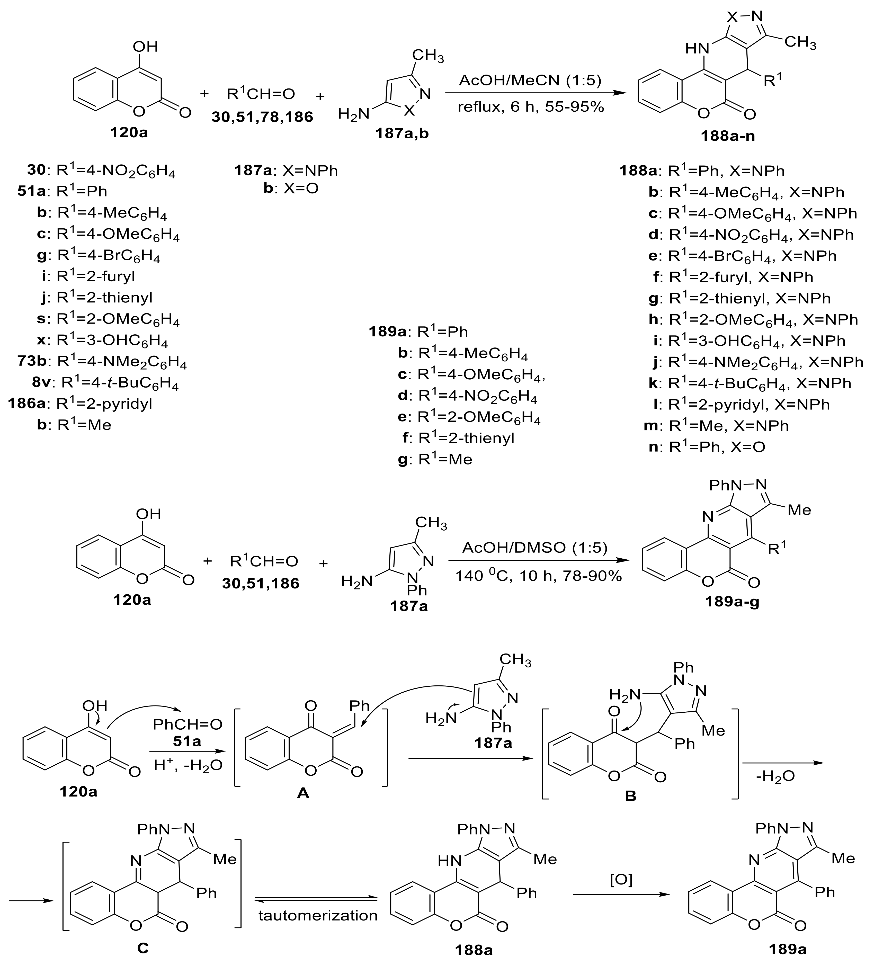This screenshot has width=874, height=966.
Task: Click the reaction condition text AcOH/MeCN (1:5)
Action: click(530, 80)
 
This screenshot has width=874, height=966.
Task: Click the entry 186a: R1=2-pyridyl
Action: click(80, 404)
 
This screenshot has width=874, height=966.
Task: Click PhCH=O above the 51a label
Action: click(187, 724)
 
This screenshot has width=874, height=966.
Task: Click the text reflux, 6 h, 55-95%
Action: click(530, 106)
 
